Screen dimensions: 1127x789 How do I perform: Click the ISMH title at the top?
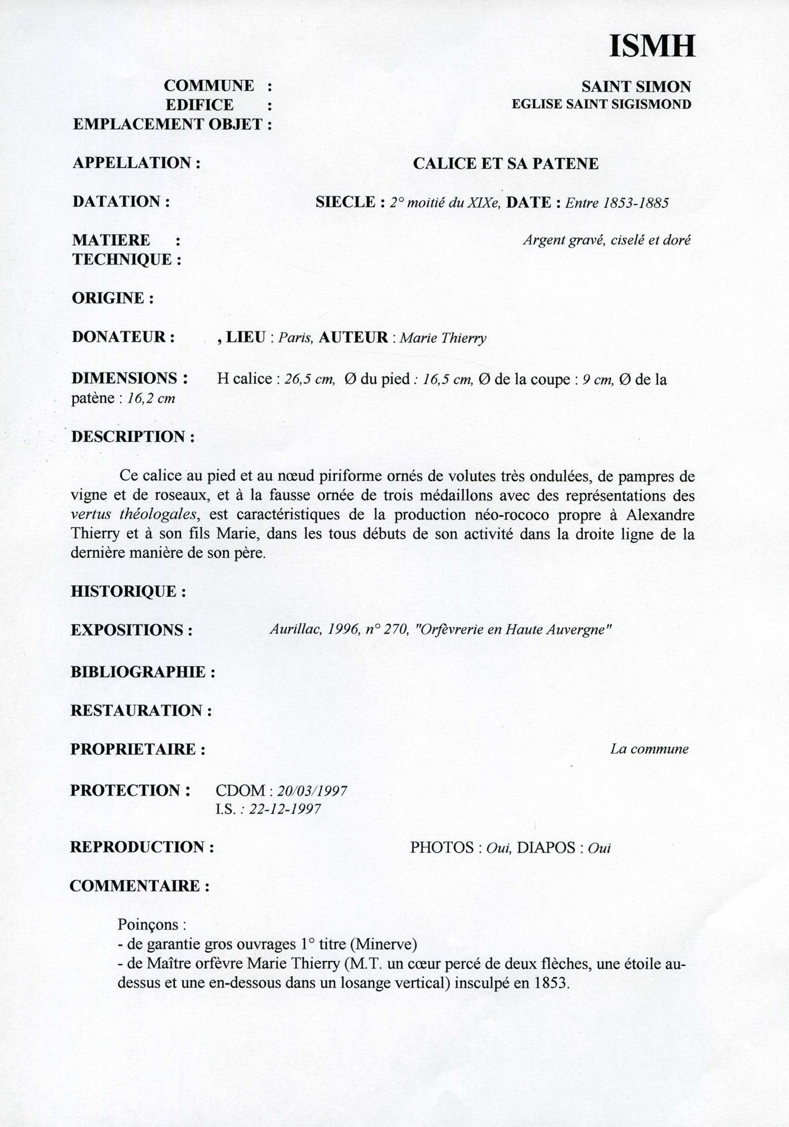[652, 46]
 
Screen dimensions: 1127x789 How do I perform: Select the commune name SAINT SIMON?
[636, 87]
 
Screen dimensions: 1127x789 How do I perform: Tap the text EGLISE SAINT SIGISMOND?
[601, 104]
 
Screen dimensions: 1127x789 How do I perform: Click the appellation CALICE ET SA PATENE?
[506, 163]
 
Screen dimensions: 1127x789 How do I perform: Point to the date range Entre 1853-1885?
[617, 203]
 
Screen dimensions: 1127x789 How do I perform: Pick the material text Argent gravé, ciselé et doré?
[606, 240]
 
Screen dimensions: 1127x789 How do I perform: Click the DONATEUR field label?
[123, 337]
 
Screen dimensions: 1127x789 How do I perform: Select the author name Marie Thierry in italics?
[442, 338]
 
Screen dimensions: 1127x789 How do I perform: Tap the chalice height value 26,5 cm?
[309, 379]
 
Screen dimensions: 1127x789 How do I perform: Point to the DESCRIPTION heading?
[133, 437]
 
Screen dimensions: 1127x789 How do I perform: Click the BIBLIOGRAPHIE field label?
[143, 672]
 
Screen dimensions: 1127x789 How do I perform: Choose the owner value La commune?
[649, 749]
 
